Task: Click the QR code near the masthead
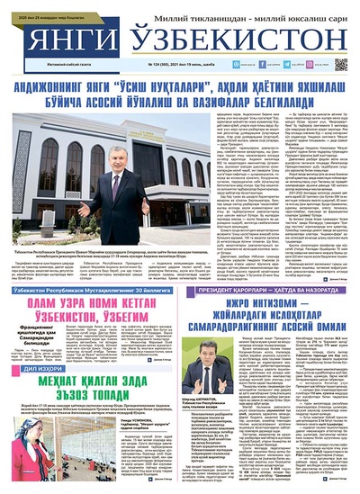click(341, 64)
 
